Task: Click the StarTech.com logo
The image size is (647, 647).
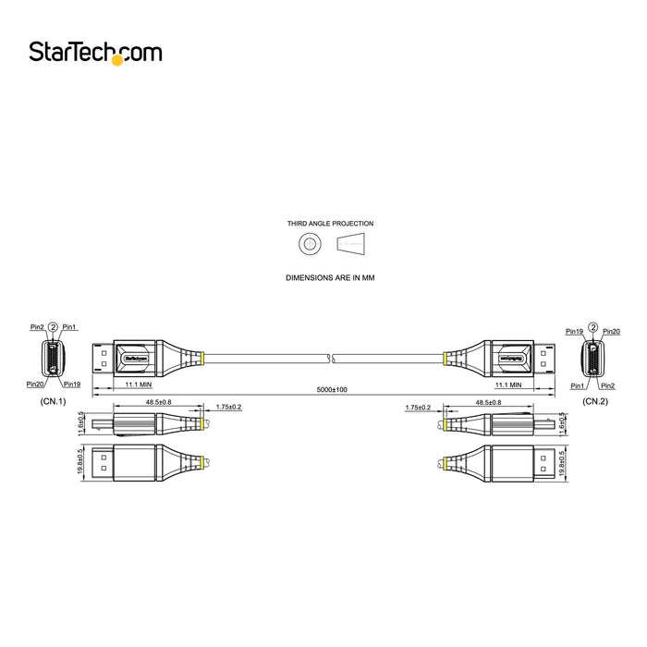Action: click(94, 53)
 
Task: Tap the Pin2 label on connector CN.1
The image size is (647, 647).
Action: click(36, 327)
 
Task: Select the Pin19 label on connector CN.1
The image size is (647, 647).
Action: click(70, 384)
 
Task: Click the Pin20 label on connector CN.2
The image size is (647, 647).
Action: click(611, 331)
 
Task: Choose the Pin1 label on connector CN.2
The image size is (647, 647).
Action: click(578, 385)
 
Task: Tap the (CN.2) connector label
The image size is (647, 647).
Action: click(594, 402)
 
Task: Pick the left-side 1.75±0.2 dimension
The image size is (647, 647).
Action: click(227, 407)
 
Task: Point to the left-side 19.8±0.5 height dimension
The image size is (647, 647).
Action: click(81, 462)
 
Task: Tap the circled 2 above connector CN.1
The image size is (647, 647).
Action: click(53, 327)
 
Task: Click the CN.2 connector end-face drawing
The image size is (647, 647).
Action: click(593, 357)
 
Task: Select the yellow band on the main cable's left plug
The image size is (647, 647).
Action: click(198, 355)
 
